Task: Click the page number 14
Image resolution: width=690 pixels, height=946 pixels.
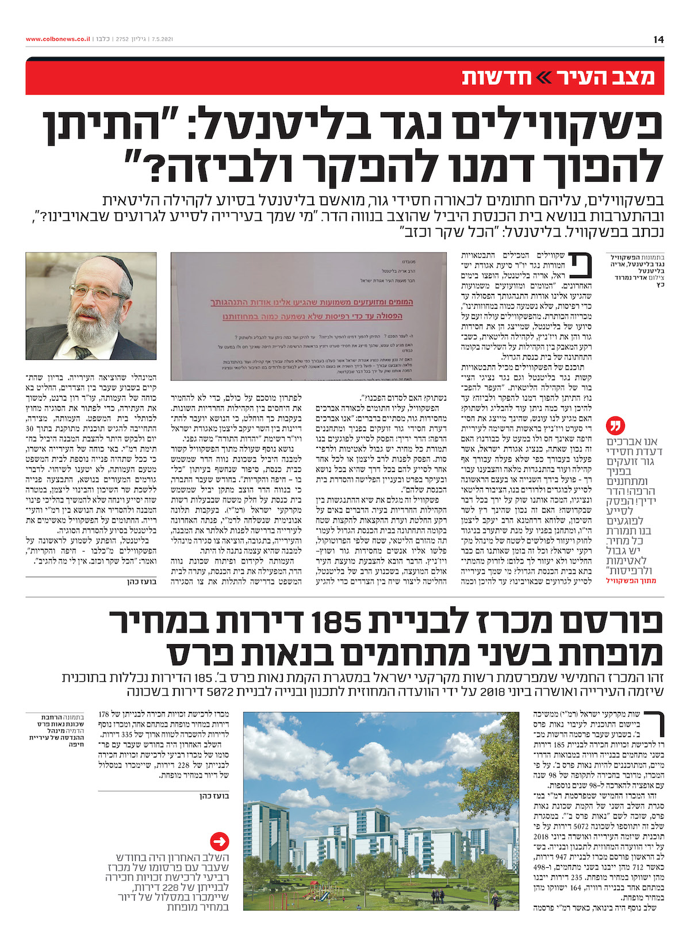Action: tap(658, 39)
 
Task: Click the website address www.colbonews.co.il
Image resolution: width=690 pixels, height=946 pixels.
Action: tap(58, 39)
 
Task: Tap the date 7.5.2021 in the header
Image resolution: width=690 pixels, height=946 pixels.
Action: tap(161, 39)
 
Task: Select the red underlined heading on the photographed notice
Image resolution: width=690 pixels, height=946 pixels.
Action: tap(309, 309)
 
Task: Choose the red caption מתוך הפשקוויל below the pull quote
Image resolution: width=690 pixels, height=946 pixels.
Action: tap(631, 581)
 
